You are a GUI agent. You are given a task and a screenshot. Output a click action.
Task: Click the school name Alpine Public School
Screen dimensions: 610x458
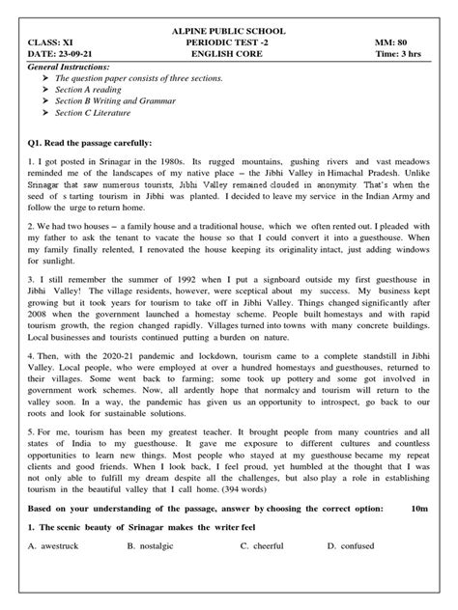(x=228, y=32)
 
